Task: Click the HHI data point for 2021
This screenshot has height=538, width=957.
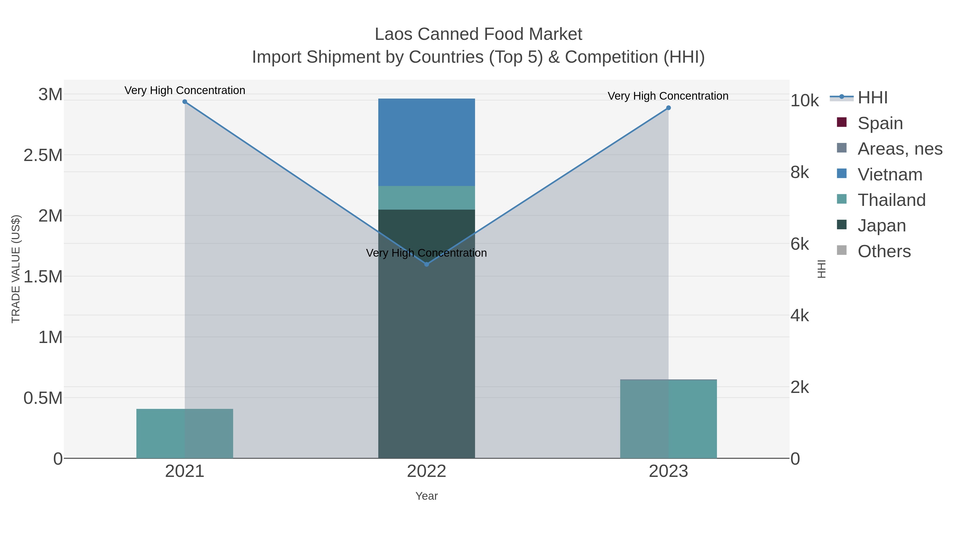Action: (x=185, y=102)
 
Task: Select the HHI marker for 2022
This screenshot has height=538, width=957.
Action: (x=426, y=264)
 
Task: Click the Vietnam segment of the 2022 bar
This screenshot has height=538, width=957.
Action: (x=426, y=142)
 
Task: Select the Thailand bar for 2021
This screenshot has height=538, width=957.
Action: (x=185, y=433)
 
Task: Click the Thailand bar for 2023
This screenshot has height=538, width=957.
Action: (x=668, y=419)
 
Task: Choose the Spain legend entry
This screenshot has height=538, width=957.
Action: (x=880, y=123)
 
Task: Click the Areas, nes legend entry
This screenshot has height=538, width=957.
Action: (x=899, y=149)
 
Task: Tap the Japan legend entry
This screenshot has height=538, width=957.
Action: (x=881, y=225)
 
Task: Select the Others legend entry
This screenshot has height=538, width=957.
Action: (x=884, y=251)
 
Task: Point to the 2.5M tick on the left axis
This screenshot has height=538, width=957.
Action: (x=43, y=155)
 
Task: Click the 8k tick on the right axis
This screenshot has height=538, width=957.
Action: (x=799, y=172)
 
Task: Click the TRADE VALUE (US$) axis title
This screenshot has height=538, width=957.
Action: (x=16, y=269)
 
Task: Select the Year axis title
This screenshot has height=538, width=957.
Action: (x=426, y=496)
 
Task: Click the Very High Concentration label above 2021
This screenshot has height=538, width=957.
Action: (x=185, y=90)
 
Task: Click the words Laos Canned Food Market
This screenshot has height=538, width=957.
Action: (x=478, y=34)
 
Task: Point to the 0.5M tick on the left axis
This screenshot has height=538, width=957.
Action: (x=43, y=398)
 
